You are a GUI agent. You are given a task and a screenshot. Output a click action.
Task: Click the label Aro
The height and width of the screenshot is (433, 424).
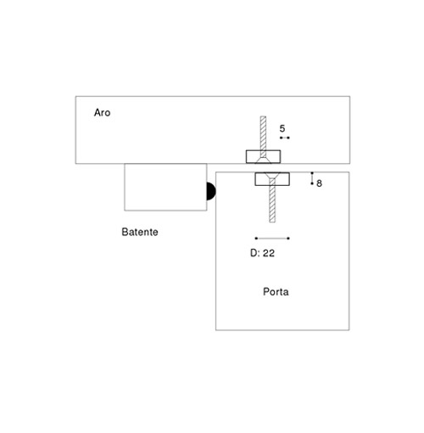pos(102,113)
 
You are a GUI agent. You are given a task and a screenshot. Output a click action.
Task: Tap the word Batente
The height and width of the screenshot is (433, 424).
pos(140,232)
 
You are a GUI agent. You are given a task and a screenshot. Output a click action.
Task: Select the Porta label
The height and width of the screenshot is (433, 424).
pos(276,292)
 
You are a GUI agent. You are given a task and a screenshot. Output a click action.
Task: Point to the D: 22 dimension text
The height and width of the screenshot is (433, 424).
pos(262,253)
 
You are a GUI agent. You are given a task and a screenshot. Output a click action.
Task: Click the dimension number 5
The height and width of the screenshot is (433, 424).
pos(282,129)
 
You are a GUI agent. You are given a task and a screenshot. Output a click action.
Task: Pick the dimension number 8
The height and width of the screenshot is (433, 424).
pos(319,183)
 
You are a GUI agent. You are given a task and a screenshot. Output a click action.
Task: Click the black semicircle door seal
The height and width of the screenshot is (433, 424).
pos(211,191)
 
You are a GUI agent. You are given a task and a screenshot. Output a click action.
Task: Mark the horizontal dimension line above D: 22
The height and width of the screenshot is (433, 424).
pos(272,239)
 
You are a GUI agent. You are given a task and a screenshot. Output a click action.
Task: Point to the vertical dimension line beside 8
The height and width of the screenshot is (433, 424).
pos(312,178)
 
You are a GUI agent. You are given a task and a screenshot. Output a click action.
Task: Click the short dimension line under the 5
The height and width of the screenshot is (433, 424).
pos(285,138)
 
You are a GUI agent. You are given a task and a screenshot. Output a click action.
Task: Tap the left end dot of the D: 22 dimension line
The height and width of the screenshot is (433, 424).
pos(256,239)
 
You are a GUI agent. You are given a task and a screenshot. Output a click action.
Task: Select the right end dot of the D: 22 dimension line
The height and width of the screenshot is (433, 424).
pos(288,239)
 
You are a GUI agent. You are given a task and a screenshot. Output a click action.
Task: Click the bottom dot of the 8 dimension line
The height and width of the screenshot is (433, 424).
pos(312,183)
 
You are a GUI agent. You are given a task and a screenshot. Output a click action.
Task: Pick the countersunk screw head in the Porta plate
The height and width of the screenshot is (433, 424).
pos(272,176)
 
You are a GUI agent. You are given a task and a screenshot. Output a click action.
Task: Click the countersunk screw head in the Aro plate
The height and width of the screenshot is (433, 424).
pos(263,160)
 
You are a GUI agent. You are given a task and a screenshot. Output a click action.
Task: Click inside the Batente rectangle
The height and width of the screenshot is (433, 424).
pos(165,187)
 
